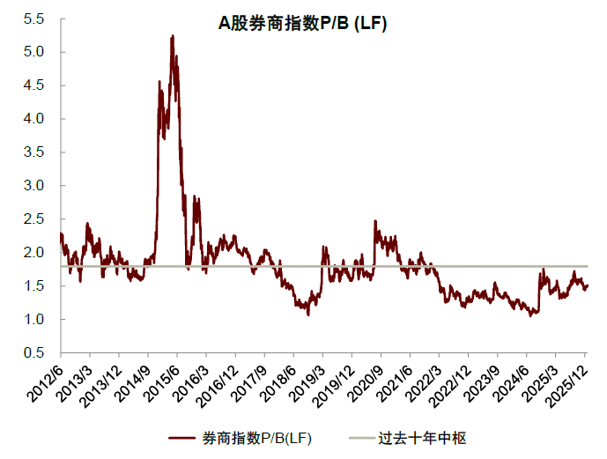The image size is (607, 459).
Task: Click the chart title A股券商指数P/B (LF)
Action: [x=303, y=25]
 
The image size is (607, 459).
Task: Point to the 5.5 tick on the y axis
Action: [x=34, y=19]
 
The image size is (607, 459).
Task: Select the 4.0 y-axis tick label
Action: [x=34, y=119]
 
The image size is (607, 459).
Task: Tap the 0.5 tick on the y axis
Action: [x=34, y=353]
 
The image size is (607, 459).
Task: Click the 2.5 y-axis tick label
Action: [x=34, y=219]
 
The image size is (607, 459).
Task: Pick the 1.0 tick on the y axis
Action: [x=34, y=320]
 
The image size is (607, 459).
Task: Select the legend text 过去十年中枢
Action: [x=422, y=438]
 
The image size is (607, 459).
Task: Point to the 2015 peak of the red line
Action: [x=173, y=36]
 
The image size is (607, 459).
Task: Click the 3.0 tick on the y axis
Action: [x=34, y=186]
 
